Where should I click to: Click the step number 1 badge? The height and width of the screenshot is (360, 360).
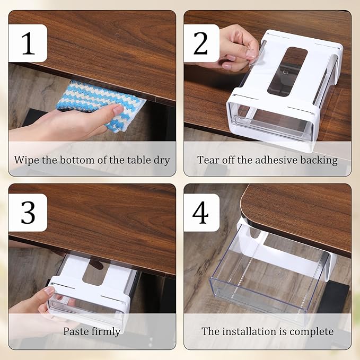coord(28,43)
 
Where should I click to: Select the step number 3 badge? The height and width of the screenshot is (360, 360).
coord(28,212)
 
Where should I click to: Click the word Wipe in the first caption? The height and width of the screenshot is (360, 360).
coord(27,160)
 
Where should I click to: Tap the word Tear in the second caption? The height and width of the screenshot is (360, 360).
coord(208,160)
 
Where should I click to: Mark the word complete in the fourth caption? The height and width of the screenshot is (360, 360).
coord(312,331)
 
